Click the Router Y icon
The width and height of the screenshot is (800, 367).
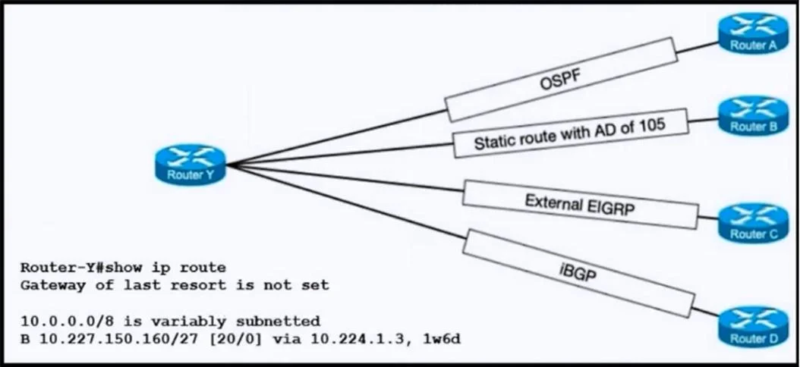point(191,165)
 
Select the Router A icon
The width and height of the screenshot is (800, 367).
point(754,33)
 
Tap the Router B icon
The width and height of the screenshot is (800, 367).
point(754,116)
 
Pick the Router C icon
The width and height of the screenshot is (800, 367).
point(754,223)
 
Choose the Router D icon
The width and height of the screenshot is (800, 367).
point(754,327)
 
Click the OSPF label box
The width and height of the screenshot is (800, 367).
point(561,80)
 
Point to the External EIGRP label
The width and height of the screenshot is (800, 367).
point(580,204)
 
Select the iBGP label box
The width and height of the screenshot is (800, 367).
point(578,273)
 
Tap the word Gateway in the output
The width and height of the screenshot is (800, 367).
point(49,285)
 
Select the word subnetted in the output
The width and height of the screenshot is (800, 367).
point(278,322)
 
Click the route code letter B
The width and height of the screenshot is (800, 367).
point(24,338)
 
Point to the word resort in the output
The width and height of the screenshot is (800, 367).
point(198,285)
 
